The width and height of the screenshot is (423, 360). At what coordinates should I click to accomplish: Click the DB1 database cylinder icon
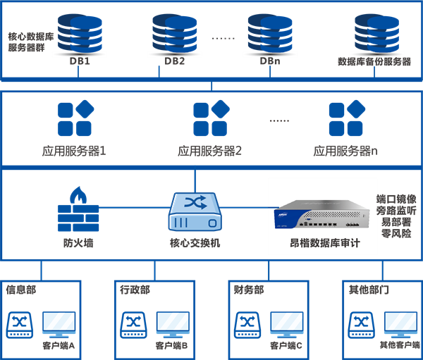(x=80, y=32)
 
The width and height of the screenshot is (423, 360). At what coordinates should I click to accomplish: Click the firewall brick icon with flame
(x=78, y=209)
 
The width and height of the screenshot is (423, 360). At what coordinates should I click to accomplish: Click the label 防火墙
(x=78, y=243)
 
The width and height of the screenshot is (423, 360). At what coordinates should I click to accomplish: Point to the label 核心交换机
(x=195, y=243)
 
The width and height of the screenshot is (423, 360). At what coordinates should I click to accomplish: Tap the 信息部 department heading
(x=21, y=290)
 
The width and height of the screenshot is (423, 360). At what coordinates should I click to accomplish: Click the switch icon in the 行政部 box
(x=134, y=323)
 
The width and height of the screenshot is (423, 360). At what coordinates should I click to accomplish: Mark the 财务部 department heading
(x=250, y=290)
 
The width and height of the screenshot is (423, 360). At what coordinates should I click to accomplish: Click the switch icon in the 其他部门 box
(x=362, y=323)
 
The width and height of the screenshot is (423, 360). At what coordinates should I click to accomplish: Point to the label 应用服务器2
(x=210, y=151)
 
